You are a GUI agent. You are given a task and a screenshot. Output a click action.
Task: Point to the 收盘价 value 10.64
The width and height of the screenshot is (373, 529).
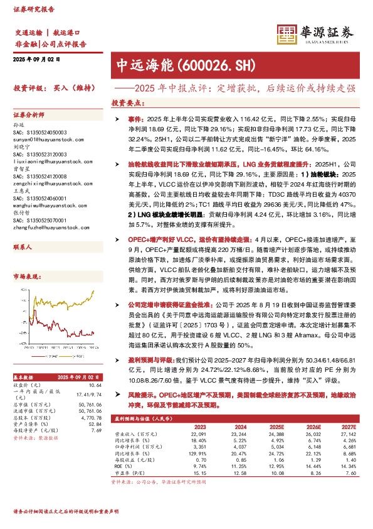coord(95,384)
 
